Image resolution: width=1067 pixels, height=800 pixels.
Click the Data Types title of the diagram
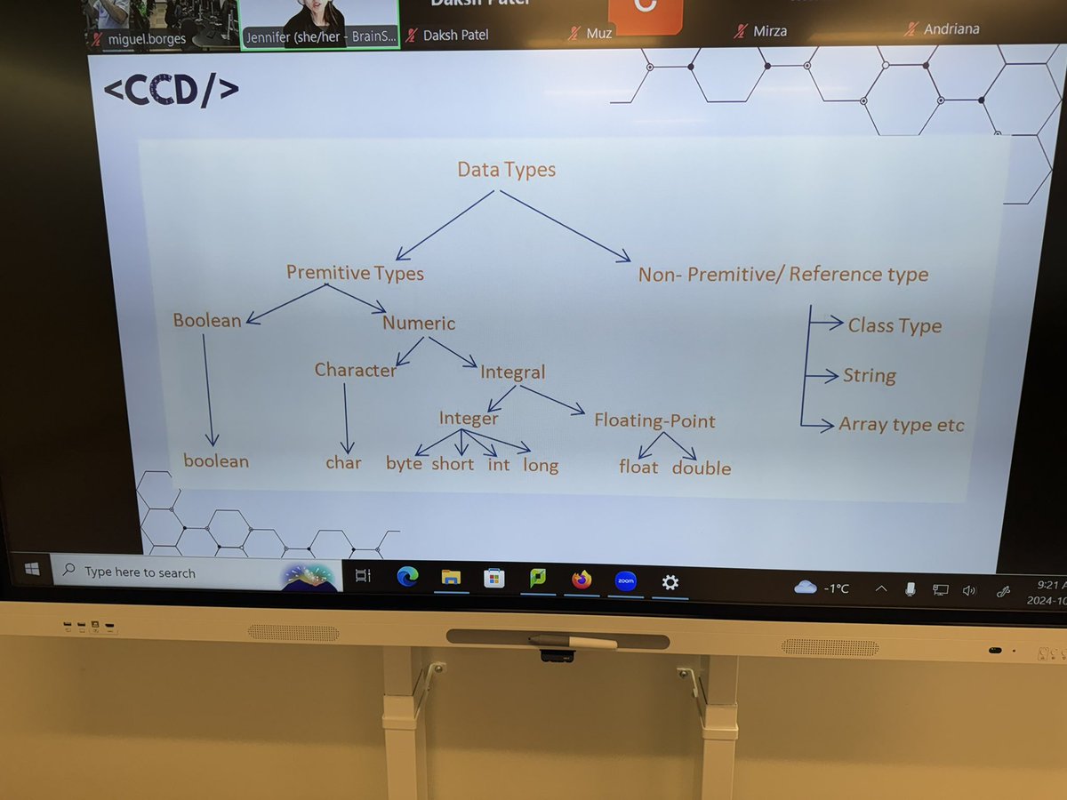click(506, 169)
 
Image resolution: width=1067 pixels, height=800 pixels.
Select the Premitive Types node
click(355, 273)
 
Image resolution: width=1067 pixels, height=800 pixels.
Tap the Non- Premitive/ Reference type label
click(782, 274)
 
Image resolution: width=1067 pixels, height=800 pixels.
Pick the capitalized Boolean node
click(207, 321)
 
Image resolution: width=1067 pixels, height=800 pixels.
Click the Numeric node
click(419, 323)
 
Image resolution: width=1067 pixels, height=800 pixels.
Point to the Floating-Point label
click(654, 420)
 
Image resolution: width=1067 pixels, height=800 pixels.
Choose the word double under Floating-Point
click(702, 468)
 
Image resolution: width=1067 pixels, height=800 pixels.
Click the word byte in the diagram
click(404, 463)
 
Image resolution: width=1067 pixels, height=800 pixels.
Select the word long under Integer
click(541, 465)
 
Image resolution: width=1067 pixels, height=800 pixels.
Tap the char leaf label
click(343, 462)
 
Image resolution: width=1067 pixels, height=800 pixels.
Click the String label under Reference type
click(870, 375)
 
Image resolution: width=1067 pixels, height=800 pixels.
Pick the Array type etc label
click(901, 424)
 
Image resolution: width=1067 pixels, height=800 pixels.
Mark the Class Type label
click(895, 325)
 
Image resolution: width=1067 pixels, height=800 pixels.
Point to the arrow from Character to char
click(347, 418)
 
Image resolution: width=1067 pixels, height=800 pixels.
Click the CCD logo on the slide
click(172, 92)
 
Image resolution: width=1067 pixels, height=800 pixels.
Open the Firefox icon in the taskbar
click(582, 580)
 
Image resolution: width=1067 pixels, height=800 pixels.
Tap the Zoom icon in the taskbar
click(625, 581)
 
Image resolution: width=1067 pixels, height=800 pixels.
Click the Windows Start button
click(32, 570)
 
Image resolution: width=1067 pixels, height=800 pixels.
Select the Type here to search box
click(178, 573)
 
